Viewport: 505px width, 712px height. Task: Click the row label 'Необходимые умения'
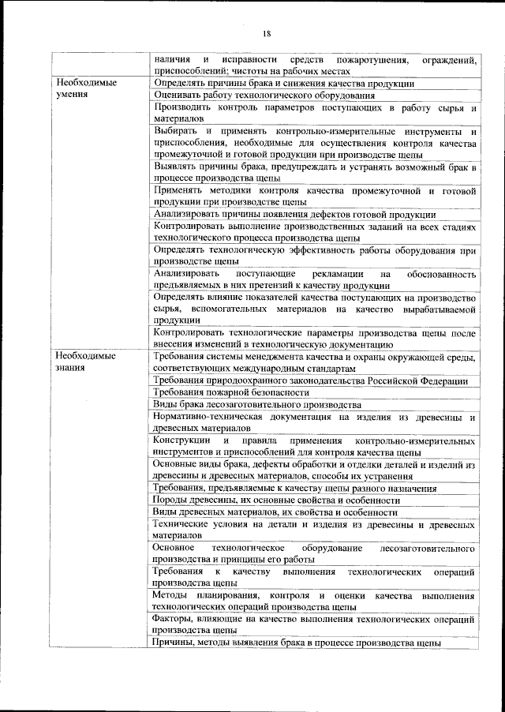coord(87,88)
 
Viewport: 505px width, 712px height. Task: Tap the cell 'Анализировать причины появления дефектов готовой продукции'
coord(294,215)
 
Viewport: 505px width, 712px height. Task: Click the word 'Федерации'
coord(443,381)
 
